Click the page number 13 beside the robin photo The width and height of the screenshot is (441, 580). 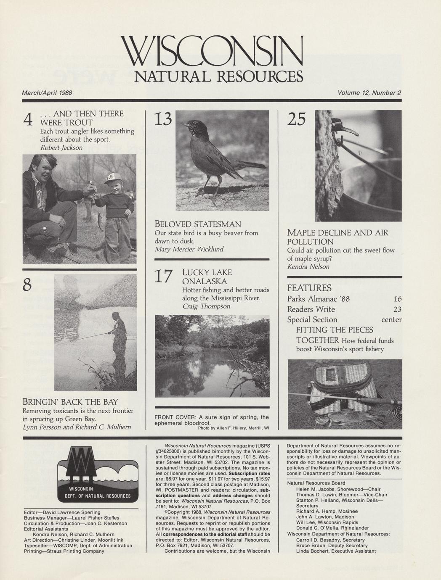coord(163,120)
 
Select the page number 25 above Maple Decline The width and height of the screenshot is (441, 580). coord(297,120)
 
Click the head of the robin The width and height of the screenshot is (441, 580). coord(194,126)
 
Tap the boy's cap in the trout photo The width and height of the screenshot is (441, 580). coord(112,179)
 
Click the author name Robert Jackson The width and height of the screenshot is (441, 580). coord(61,148)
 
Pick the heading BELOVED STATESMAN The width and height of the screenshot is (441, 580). coord(198,224)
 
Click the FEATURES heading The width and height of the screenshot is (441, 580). coord(309,288)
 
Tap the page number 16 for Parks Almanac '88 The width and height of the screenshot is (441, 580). coord(398,299)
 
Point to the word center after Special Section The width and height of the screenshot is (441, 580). coord(391,320)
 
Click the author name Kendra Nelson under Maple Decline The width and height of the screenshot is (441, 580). coord(308,266)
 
